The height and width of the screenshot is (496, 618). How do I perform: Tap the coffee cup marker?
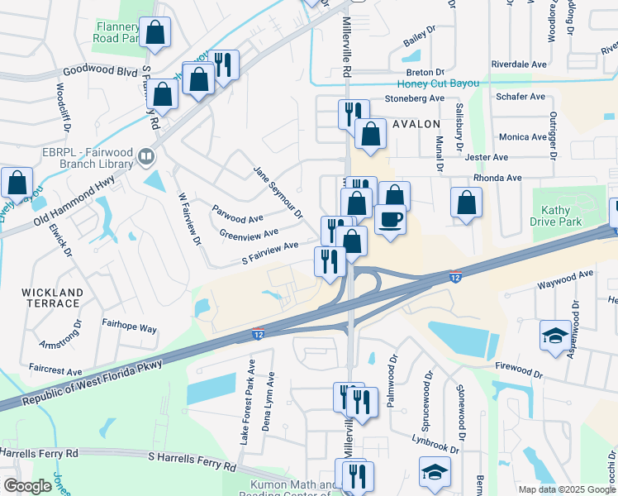click(390, 220)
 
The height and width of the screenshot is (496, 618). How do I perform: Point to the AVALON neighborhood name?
click(416, 124)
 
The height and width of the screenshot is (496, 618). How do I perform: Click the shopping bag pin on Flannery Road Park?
click(154, 34)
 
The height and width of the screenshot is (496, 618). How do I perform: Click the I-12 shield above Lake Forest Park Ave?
click(257, 334)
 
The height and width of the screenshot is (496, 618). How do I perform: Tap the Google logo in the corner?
click(27, 486)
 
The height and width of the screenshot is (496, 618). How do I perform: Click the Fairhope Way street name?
click(129, 328)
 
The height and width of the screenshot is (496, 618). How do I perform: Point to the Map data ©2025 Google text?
click(566, 489)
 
